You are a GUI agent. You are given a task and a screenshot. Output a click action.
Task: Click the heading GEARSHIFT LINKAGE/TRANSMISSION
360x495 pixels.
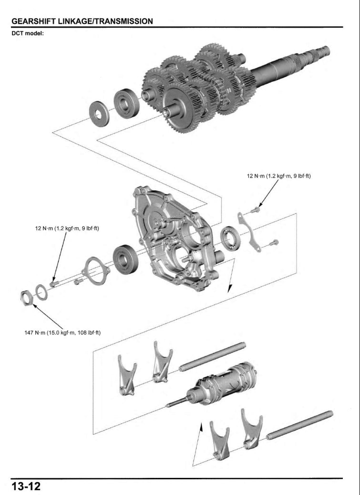(82, 21)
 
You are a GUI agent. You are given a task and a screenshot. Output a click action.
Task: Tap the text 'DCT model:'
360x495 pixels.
(28, 33)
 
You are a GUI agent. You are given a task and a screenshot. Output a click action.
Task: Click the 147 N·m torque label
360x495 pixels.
(62, 332)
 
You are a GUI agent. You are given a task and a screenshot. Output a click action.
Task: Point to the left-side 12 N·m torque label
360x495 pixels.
(67, 228)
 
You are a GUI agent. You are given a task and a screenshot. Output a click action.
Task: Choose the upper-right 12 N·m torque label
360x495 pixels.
(278, 176)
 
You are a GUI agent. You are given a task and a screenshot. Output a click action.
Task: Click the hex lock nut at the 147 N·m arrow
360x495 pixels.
(27, 298)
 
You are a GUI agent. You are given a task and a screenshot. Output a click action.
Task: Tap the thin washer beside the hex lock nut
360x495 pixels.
(41, 292)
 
